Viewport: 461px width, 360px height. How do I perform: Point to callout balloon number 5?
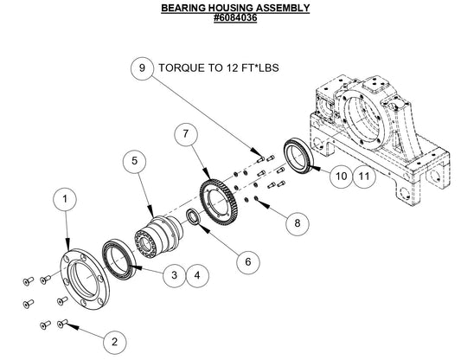click(x=134, y=161)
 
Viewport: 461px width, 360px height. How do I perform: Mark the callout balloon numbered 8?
click(x=297, y=223)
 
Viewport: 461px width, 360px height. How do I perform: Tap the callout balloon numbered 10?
click(x=341, y=176)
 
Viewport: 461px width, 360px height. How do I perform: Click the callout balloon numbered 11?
click(x=366, y=176)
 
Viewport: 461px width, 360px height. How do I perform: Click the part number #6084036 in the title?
click(x=235, y=17)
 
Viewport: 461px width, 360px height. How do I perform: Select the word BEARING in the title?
click(x=186, y=7)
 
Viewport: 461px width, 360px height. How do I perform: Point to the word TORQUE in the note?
click(x=182, y=67)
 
